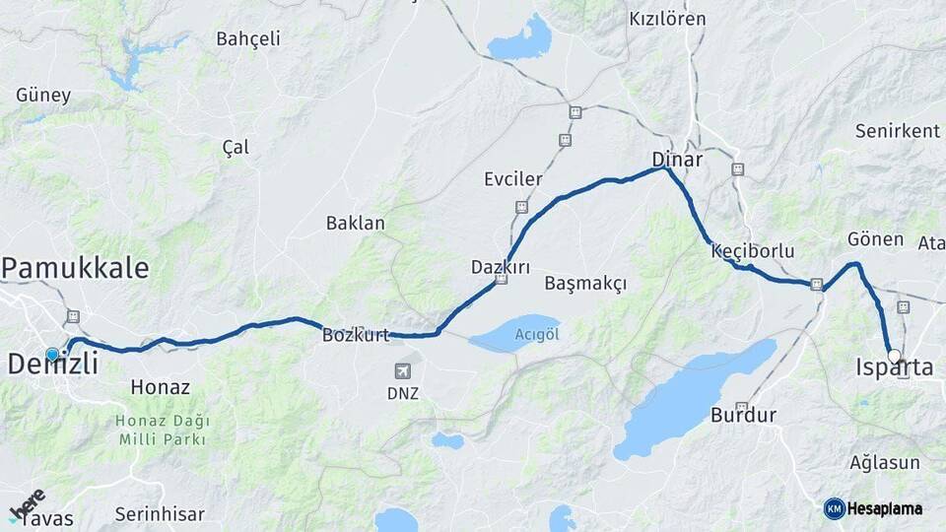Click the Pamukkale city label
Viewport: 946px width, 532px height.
click(x=75, y=267)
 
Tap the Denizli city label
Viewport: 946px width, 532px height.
click(x=53, y=365)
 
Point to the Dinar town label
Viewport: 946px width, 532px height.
click(x=677, y=159)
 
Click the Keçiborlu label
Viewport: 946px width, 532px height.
click(x=752, y=251)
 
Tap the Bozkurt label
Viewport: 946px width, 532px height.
click(x=356, y=335)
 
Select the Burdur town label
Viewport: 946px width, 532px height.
click(x=743, y=415)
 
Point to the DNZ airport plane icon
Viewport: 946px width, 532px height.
click(x=402, y=370)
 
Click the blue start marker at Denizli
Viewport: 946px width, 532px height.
click(x=52, y=354)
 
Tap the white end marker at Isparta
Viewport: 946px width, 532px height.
click(x=894, y=356)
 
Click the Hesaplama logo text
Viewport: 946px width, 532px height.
click(x=884, y=509)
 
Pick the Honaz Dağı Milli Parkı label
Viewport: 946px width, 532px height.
click(x=164, y=430)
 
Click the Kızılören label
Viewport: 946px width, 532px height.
click(x=667, y=19)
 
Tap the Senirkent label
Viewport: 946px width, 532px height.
click(x=897, y=131)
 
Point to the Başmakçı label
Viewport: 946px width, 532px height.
click(x=585, y=284)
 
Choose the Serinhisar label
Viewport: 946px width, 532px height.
click(x=160, y=514)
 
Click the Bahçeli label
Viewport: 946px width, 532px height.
click(x=247, y=39)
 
